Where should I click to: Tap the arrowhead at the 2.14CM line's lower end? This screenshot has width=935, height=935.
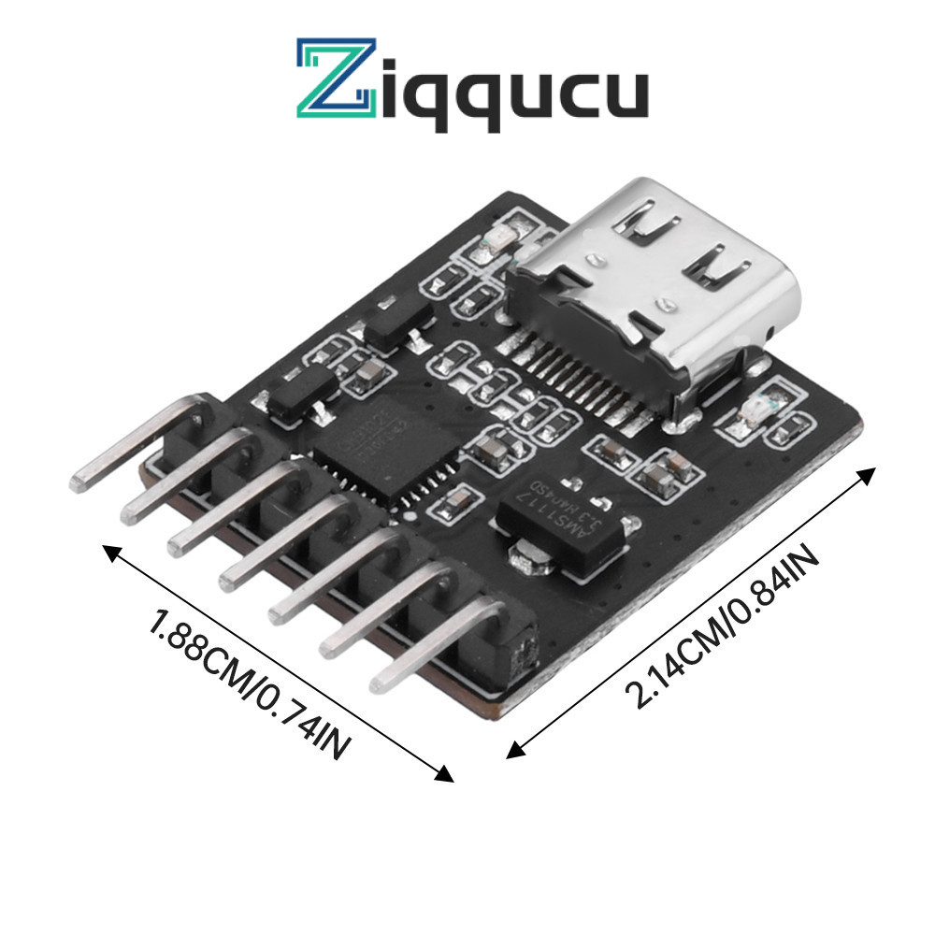(x=513, y=749)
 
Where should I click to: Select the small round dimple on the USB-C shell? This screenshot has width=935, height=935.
(x=666, y=304)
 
